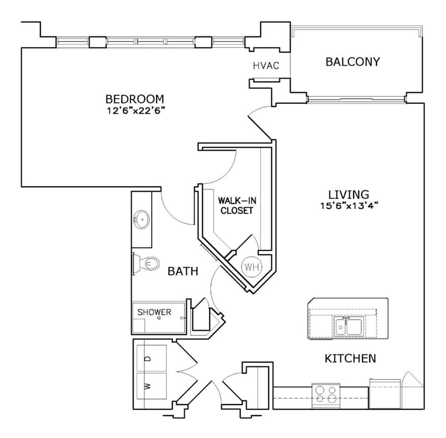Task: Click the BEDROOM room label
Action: coord(135,99)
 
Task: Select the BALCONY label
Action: coord(353,62)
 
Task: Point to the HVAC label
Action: coord(266,66)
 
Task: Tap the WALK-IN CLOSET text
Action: coord(236,205)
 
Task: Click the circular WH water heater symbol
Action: coord(252,267)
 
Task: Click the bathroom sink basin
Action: coord(141,220)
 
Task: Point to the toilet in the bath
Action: coord(147,264)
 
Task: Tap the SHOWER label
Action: coord(154,312)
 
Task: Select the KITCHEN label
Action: coord(350,358)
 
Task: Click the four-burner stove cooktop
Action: coord(325,394)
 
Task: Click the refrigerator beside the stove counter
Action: coord(384,394)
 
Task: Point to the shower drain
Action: coord(159,318)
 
